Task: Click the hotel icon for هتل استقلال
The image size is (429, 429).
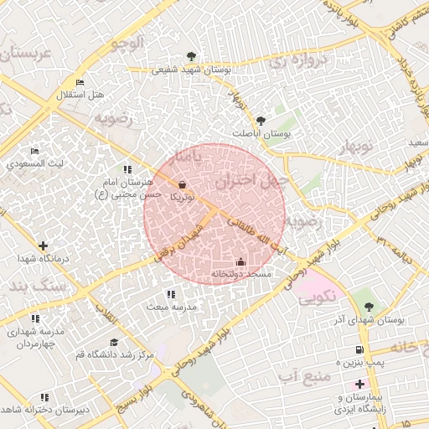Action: [80, 82]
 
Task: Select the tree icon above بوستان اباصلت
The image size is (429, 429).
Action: [261, 121]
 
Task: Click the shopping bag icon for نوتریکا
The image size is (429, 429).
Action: [183, 185]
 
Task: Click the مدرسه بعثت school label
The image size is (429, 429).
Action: [171, 307]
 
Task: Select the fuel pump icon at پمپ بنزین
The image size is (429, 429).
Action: [359, 349]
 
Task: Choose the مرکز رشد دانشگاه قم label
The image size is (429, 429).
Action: [113, 355]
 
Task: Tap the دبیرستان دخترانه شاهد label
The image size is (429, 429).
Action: [45, 410]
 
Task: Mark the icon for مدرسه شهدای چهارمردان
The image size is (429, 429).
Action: [35, 318]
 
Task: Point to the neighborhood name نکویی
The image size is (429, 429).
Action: [316, 296]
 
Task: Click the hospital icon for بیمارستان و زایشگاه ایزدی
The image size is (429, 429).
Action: [359, 384]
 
